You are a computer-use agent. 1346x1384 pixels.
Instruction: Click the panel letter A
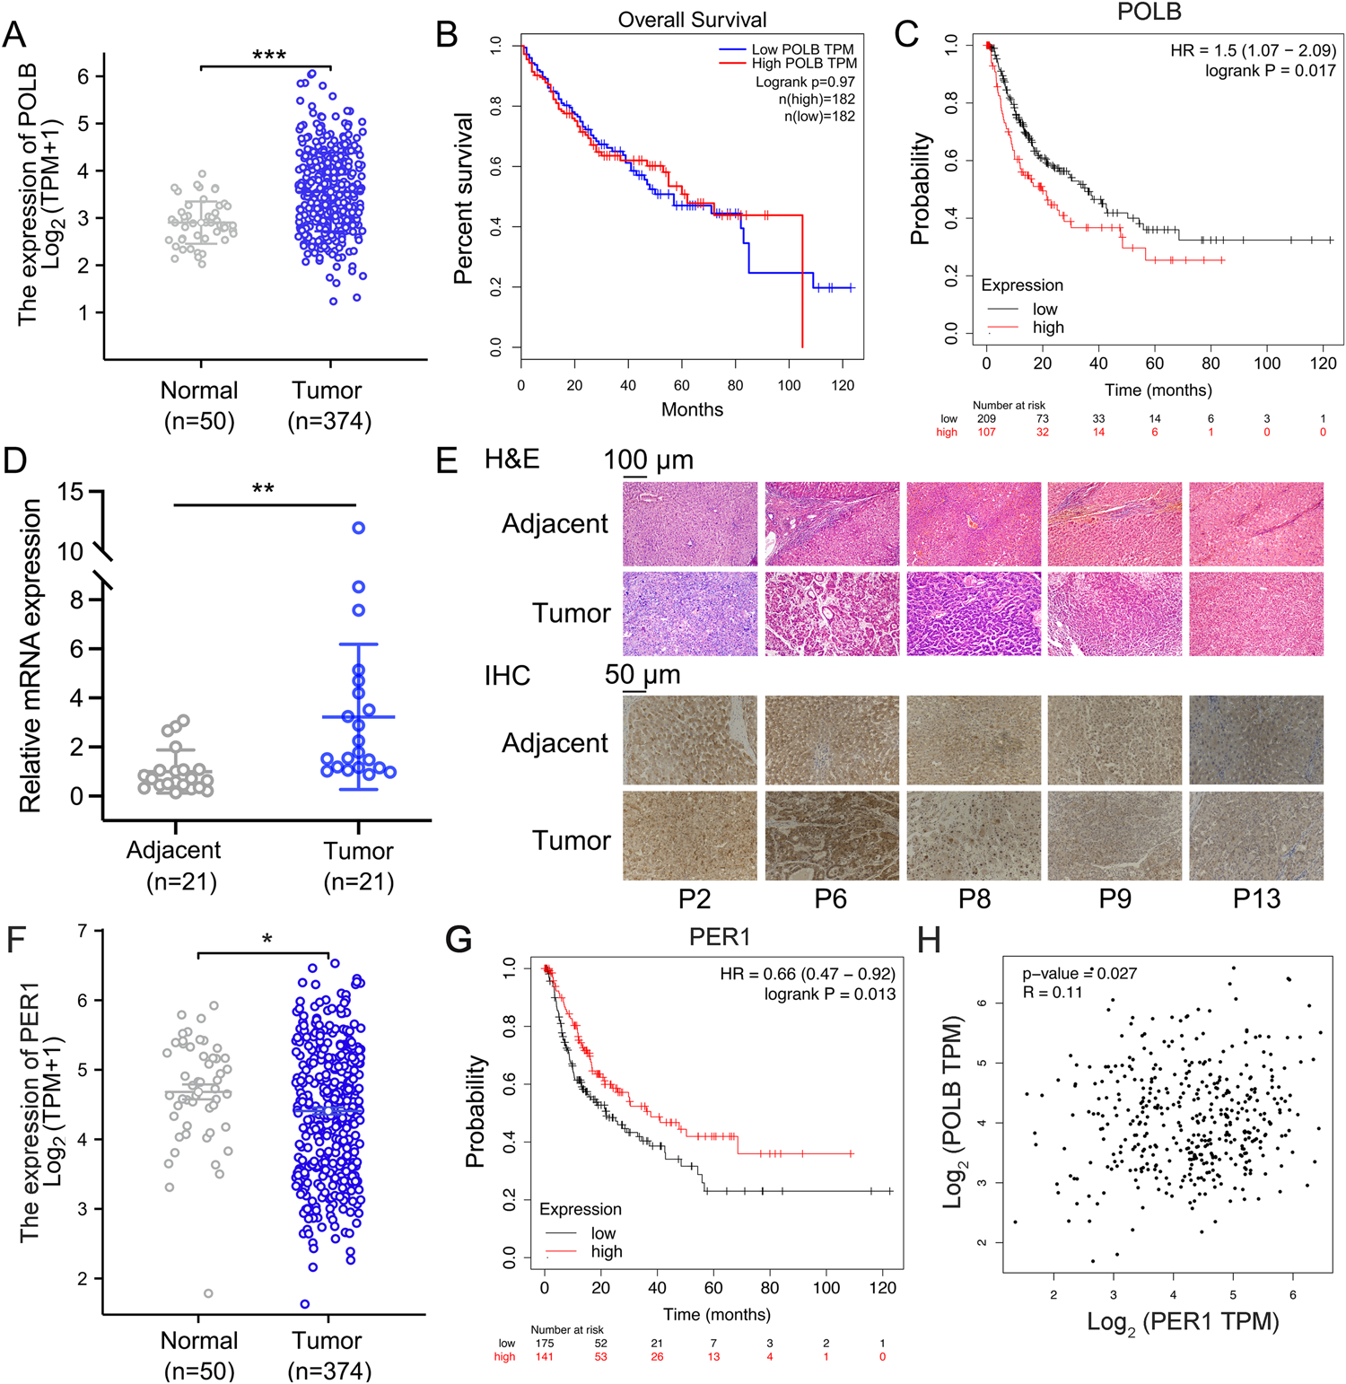(x=14, y=34)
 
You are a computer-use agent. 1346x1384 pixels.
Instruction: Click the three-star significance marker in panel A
(x=269, y=56)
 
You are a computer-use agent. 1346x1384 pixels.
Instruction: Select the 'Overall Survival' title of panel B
(x=692, y=20)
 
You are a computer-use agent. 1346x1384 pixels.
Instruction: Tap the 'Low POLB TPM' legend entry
(x=802, y=49)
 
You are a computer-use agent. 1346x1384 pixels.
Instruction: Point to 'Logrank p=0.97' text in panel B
(x=805, y=82)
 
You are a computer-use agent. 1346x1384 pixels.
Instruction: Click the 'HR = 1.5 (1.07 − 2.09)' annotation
(x=1253, y=50)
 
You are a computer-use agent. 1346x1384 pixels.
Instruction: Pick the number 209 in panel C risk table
(x=986, y=418)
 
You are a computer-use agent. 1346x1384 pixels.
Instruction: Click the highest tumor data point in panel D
(x=359, y=528)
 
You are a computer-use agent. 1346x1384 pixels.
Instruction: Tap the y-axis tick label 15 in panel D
(x=70, y=492)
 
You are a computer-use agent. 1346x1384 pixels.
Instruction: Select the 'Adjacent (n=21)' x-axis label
(x=175, y=865)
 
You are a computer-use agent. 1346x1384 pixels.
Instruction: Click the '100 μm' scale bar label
(x=648, y=460)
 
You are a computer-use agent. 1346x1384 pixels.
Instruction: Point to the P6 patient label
(x=830, y=898)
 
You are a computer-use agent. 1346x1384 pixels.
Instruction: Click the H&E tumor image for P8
(x=974, y=614)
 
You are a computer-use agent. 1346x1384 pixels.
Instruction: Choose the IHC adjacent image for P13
(x=1255, y=740)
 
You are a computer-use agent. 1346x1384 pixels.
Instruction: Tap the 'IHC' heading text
(x=507, y=675)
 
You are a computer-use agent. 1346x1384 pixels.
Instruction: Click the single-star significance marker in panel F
(x=267, y=939)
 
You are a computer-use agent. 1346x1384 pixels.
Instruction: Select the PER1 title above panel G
(x=720, y=937)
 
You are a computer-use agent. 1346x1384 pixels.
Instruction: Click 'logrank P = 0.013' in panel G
(x=829, y=994)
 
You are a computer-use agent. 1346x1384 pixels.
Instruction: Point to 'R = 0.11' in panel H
(x=1053, y=992)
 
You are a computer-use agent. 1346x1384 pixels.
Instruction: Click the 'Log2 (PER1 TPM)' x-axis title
(x=1183, y=1322)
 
